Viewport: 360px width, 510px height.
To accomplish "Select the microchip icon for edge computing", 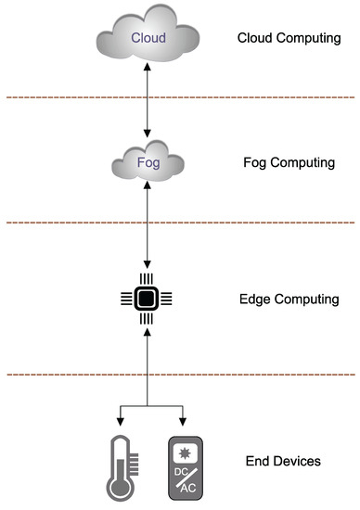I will pyautogui.click(x=144, y=298).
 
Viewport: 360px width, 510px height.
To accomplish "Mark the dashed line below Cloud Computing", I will pyautogui.click(x=180, y=97).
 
